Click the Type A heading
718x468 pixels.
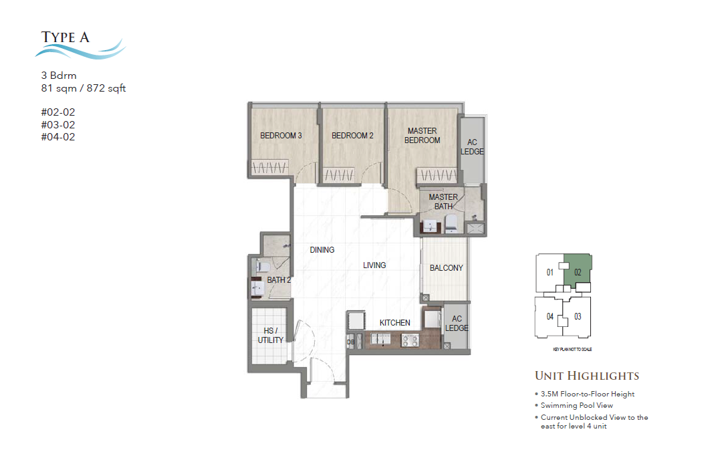tap(66, 37)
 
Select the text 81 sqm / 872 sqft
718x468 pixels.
tap(84, 88)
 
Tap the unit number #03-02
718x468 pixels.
tap(58, 125)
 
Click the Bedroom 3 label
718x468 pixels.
tap(281, 136)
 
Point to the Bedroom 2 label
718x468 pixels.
tap(352, 136)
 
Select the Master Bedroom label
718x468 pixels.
tap(422, 136)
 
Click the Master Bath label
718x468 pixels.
tap(443, 201)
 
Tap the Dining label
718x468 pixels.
tap(322, 250)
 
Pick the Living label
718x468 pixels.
tap(374, 265)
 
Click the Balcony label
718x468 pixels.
tap(446, 268)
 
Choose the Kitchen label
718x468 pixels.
tap(394, 323)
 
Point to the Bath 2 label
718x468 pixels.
tap(279, 280)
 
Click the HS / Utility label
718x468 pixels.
tap(271, 336)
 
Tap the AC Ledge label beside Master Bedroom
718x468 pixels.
tap(472, 147)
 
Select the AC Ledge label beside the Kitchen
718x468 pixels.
tap(457, 324)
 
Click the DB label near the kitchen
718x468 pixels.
tap(350, 342)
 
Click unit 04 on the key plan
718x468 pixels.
tap(550, 316)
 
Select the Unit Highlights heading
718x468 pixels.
tap(586, 376)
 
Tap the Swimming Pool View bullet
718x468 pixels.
tap(576, 405)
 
